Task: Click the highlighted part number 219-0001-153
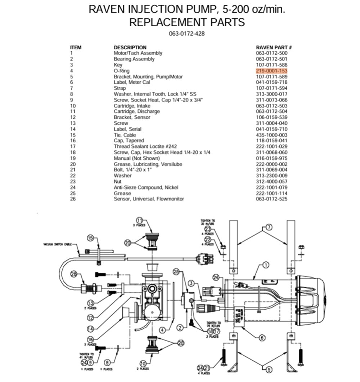(x=271, y=71)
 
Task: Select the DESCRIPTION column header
(x=130, y=47)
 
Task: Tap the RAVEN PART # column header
(x=274, y=47)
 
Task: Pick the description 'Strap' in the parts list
(x=120, y=88)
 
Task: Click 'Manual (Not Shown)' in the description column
(x=136, y=158)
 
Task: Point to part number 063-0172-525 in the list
(x=271, y=199)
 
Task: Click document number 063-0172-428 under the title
(x=187, y=34)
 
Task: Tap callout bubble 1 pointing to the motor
(x=266, y=265)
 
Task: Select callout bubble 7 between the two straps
(x=269, y=227)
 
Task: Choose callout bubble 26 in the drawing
(x=74, y=274)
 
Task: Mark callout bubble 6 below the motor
(x=262, y=338)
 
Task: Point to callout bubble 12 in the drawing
(x=90, y=317)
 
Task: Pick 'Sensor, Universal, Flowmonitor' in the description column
(x=149, y=199)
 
